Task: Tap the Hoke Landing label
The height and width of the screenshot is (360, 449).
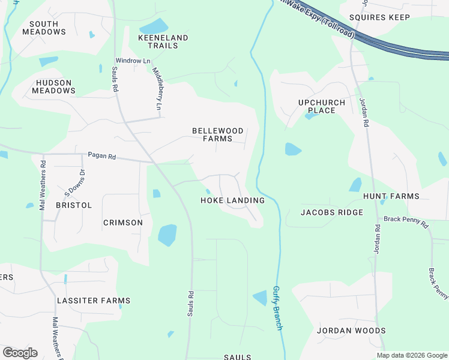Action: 232,200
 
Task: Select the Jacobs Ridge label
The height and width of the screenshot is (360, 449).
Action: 332,212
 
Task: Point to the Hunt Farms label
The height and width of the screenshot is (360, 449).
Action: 391,196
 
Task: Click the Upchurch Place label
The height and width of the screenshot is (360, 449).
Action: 322,106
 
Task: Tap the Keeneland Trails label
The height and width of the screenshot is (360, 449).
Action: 163,41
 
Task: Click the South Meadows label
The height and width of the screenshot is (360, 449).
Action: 40,28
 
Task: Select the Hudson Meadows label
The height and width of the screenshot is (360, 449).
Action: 55,86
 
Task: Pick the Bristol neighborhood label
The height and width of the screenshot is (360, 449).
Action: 74,205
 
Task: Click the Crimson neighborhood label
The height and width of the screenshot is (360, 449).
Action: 123,223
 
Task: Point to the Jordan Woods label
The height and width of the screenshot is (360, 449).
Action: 351,331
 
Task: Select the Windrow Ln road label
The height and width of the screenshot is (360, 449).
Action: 133,61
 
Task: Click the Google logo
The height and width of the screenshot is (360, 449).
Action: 20,353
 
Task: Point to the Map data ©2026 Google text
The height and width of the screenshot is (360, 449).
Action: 411,355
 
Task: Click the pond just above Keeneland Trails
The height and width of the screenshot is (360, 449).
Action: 155,26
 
